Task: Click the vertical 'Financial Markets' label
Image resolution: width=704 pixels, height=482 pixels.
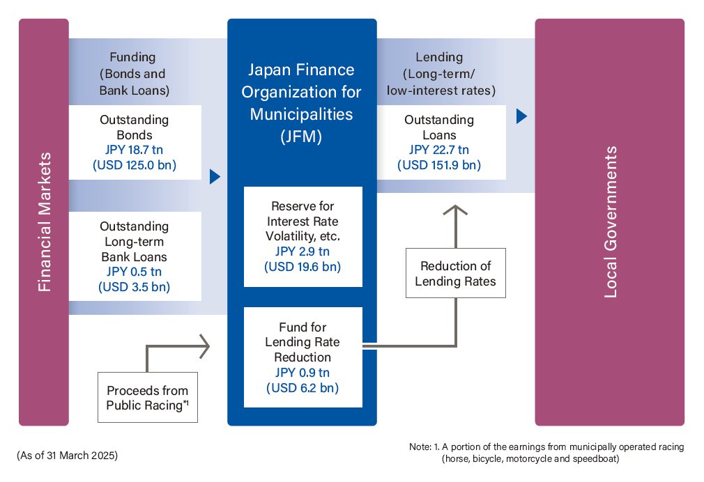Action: [44, 222]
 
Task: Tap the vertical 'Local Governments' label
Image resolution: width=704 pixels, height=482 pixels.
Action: [611, 222]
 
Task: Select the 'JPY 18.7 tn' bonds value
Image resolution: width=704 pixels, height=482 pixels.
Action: [135, 150]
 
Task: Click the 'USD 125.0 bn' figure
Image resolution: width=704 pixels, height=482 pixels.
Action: [135, 166]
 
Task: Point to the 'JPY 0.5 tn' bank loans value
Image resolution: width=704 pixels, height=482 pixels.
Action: [135, 272]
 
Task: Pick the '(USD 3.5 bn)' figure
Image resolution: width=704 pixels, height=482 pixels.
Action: [135, 287]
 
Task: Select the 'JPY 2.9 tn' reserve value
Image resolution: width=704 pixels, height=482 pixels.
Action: [303, 252]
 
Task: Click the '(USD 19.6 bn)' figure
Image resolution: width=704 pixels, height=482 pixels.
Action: [303, 267]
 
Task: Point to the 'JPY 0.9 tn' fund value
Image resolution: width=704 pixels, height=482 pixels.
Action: [303, 373]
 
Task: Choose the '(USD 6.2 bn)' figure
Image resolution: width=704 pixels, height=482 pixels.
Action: [303, 388]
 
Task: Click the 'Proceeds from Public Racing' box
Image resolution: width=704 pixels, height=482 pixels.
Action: [148, 398]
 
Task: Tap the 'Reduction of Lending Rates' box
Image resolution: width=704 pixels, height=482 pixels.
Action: [456, 274]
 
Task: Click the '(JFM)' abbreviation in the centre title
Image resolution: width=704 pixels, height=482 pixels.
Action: [302, 137]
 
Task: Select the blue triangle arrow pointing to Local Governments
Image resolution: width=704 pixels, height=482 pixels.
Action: [521, 116]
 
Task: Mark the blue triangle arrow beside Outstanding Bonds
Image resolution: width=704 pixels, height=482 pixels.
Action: [215, 177]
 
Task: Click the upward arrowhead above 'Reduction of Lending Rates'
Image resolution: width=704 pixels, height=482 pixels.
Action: [456, 210]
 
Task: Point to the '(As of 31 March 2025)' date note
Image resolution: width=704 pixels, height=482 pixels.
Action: [67, 456]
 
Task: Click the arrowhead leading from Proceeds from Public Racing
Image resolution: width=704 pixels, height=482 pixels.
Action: [204, 345]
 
